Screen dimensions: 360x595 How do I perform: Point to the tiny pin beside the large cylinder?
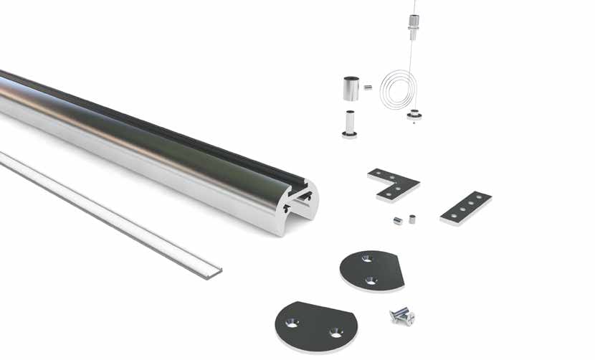[x=368, y=87]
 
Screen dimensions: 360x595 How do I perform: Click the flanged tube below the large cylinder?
[x=350, y=124]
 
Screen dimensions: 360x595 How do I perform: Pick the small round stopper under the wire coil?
[x=414, y=114]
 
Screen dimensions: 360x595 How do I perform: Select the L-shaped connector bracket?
[x=392, y=184]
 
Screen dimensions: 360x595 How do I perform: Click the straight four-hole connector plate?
[x=466, y=207]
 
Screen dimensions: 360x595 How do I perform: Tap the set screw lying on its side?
[x=397, y=221]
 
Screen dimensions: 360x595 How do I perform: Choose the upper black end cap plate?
[x=372, y=270]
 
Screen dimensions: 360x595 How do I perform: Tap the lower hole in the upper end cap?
[x=371, y=280]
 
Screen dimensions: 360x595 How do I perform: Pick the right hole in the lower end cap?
[x=333, y=333]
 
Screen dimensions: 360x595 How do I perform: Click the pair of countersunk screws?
[x=401, y=314]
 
